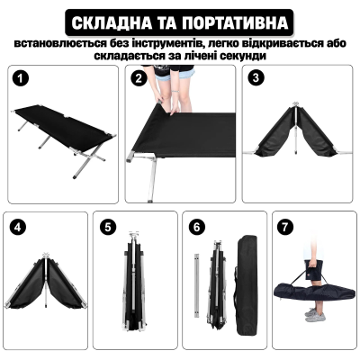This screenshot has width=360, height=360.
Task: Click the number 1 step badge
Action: click(x=18, y=78)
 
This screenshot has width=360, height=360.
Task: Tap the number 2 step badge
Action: click(x=138, y=78)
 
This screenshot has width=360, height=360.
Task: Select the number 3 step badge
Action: click(x=256, y=78)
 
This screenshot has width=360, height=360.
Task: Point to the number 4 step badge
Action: click(x=18, y=226)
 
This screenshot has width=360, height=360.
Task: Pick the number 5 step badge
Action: click(x=108, y=226)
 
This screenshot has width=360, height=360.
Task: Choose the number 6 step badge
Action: click(x=196, y=226)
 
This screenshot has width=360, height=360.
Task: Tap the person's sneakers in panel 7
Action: click(x=312, y=314)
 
